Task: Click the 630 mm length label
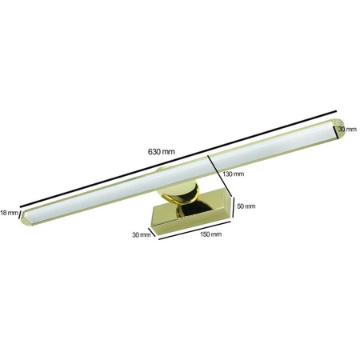coord(161,151)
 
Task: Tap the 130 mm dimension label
coord(233,174)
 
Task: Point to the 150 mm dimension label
coord(210,234)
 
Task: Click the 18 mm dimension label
coord(9,212)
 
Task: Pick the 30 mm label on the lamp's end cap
coord(346,129)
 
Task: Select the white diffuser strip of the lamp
coord(176,172)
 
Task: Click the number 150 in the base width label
coord(206,234)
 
